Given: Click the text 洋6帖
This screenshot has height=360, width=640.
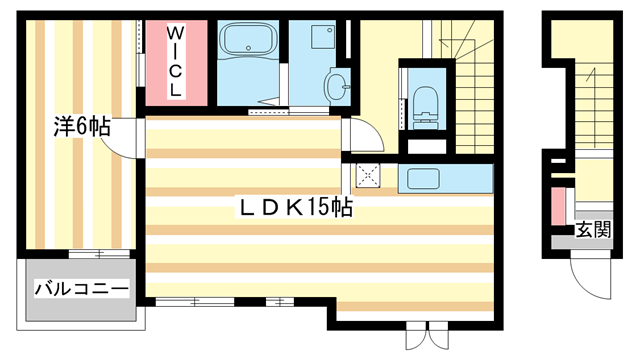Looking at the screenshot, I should (x=82, y=128).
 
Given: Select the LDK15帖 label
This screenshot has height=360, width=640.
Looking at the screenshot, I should (x=294, y=209).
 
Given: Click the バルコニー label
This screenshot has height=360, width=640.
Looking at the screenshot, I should (x=81, y=289).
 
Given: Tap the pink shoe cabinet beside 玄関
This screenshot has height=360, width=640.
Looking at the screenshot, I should (x=557, y=207).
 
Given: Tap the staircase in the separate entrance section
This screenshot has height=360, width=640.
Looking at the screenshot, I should (x=591, y=100).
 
